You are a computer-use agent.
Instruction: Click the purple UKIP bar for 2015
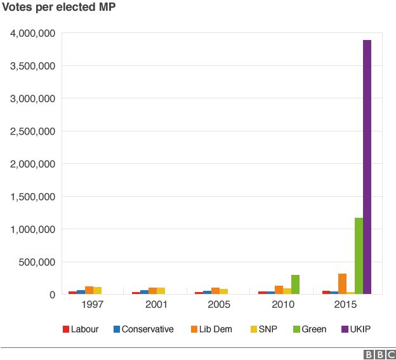click(367, 167)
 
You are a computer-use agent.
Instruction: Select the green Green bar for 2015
click(359, 256)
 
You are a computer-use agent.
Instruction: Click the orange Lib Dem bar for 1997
click(89, 290)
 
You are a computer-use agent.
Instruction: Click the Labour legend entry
click(81, 329)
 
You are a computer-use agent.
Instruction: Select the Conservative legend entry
click(143, 329)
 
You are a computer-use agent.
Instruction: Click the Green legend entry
click(309, 329)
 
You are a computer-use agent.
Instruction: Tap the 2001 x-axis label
click(156, 305)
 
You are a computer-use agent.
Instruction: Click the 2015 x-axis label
click(346, 305)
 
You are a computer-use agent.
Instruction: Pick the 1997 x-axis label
click(93, 305)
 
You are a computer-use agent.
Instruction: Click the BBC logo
click(379, 354)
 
